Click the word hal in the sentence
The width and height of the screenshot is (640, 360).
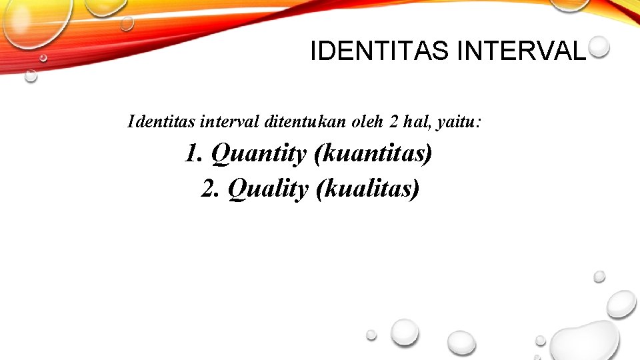(x=415, y=122)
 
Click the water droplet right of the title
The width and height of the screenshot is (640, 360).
(x=599, y=46)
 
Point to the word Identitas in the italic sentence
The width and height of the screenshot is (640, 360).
(x=162, y=122)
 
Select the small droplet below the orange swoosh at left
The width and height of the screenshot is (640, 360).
(x=31, y=76)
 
